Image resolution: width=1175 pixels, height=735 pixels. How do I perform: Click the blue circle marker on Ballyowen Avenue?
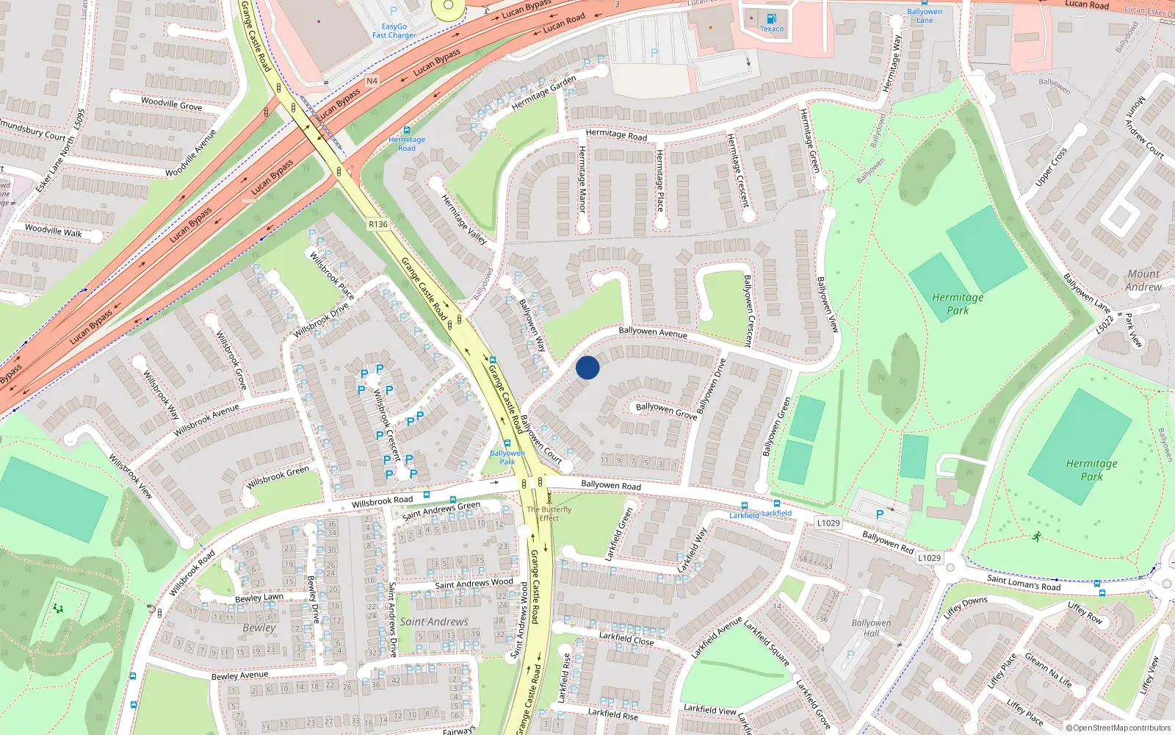(587, 367)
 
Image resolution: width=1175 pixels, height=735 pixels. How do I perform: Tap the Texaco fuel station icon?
(771, 18)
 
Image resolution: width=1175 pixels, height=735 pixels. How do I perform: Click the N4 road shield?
(372, 81)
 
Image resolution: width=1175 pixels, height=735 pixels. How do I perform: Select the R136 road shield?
(378, 224)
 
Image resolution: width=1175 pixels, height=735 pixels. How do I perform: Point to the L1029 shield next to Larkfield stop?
(828, 523)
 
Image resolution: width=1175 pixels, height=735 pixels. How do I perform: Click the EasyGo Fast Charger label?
(394, 30)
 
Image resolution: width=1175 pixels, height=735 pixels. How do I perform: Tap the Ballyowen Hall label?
(871, 628)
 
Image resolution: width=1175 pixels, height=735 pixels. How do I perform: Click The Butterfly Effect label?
(549, 513)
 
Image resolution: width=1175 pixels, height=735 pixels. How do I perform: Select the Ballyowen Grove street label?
(666, 410)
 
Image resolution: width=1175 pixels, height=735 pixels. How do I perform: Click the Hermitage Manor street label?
(582, 179)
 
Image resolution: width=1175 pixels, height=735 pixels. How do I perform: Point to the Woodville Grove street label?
(171, 104)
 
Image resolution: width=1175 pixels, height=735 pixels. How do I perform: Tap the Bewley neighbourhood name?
(259, 628)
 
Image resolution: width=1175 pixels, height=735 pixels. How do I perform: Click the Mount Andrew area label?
(1143, 280)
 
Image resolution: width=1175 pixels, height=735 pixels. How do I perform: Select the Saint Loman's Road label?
(1024, 582)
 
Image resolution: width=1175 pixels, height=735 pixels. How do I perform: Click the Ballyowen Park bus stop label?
(507, 457)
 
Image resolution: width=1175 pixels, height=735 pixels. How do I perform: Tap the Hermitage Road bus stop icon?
(407, 130)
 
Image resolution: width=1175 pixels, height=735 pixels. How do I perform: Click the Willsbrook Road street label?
(382, 501)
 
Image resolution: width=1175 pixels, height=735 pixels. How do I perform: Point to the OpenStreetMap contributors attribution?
(1118, 728)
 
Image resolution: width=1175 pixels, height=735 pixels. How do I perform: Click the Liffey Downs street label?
(965, 606)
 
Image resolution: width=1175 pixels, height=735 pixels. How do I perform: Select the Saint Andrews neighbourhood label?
(434, 622)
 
